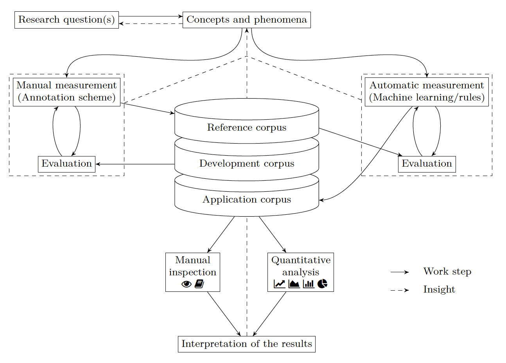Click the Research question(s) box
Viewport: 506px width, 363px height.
tap(66, 20)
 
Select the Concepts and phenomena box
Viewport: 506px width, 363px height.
tap(247, 20)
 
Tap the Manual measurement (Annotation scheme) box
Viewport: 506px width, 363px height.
tap(66, 92)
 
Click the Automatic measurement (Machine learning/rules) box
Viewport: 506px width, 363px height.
tap(427, 92)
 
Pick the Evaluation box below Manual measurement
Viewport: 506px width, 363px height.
tap(66, 164)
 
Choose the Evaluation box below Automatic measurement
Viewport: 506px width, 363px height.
tap(427, 164)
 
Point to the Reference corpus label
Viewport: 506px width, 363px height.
tap(247, 128)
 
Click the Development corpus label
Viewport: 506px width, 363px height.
tap(247, 164)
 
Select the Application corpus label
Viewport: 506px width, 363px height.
tap(247, 199)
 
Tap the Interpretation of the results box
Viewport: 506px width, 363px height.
tap(247, 344)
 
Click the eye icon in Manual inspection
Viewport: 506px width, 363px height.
tap(187, 284)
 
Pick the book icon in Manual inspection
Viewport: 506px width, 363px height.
tap(199, 284)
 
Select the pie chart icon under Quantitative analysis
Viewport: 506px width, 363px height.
tap(322, 284)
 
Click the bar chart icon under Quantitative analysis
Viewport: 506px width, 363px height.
tap(309, 284)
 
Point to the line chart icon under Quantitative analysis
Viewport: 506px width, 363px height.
tap(280, 284)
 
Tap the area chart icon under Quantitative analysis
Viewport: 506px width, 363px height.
tap(294, 284)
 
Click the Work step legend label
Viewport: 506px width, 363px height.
tap(447, 271)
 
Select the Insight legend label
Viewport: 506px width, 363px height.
tap(439, 289)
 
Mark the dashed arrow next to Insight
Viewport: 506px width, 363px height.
tap(400, 290)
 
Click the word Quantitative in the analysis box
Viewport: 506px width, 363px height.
tap(301, 260)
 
